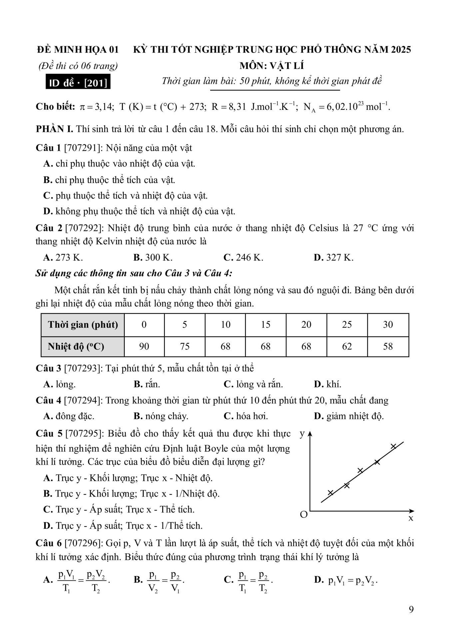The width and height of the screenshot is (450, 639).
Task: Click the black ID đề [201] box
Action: [x=78, y=83]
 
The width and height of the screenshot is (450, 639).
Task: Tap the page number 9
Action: [x=411, y=609]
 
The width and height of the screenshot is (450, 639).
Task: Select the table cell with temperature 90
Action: [x=144, y=346]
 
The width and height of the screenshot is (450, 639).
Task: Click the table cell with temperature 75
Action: [x=185, y=346]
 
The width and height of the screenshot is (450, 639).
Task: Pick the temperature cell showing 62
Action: [x=347, y=346]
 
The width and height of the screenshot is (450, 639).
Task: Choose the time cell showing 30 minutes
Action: [x=388, y=324]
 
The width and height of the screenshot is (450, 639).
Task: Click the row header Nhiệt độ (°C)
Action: [x=76, y=346]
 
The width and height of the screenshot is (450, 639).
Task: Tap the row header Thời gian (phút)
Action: [x=83, y=324]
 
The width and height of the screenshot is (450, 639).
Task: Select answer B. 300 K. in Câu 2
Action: [x=153, y=257]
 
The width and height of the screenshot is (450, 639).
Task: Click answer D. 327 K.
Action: [x=333, y=257]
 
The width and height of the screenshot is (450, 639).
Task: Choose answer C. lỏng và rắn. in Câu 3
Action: [x=253, y=384]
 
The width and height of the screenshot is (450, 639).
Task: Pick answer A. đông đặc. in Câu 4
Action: [x=69, y=416]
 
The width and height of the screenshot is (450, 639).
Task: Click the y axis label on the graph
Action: [x=302, y=434]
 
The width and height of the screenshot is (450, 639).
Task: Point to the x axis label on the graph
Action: [x=411, y=518]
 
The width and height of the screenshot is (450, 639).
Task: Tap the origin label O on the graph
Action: [x=304, y=515]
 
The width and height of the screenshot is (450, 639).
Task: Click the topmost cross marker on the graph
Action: [x=393, y=446]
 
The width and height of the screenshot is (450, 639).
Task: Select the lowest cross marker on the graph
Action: [x=330, y=493]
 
